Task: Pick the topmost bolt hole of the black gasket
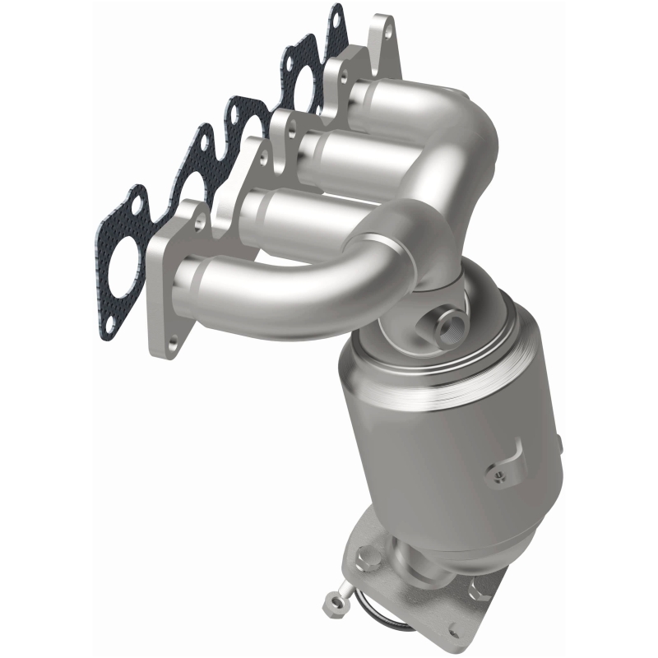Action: (336, 13)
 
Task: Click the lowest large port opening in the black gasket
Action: (124, 252)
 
